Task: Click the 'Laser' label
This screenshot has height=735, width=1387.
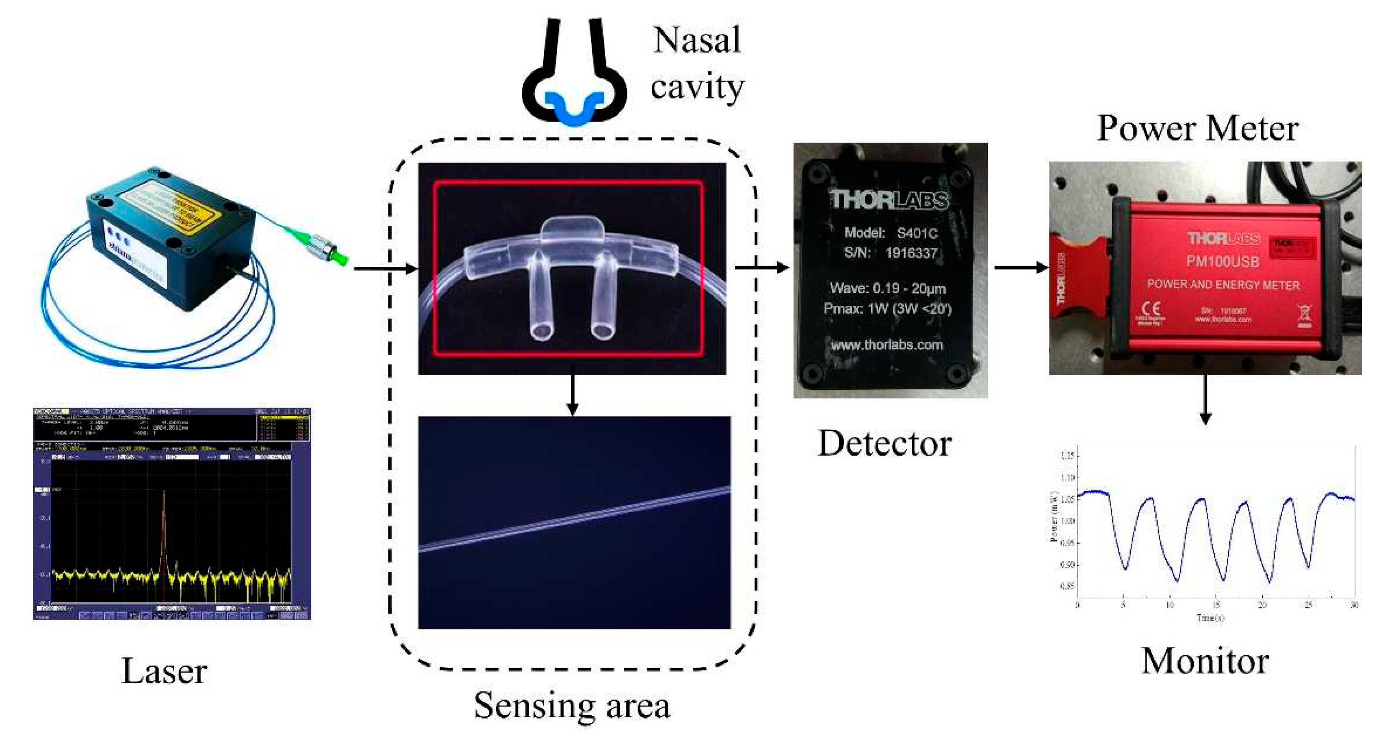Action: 164,671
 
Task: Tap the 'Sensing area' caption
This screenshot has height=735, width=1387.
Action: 572,705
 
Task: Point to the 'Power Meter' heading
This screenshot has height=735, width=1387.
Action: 1197,129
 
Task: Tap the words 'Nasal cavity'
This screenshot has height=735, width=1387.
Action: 697,63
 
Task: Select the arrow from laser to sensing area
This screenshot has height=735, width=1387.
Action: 384,268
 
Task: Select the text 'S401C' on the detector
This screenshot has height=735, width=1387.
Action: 917,233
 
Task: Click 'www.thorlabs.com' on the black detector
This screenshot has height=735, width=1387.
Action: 887,345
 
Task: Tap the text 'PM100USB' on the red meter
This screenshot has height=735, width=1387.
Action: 1222,262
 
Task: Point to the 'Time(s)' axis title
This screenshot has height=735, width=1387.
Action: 1210,618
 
